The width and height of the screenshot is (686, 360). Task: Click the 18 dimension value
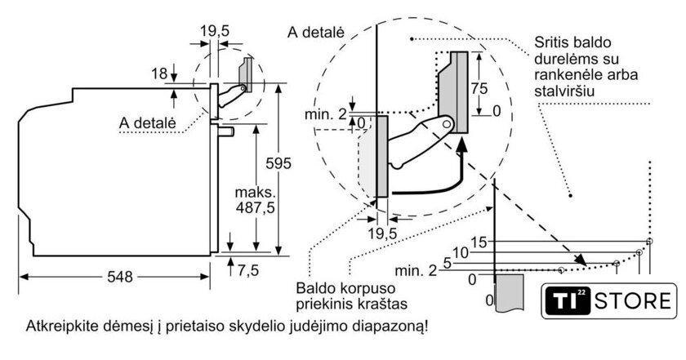coord(160,74)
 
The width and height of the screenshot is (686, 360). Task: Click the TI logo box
coord(564,300)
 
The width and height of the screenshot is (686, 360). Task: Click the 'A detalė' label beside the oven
coord(147,122)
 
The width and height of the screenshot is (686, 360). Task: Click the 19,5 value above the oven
coord(214,31)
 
